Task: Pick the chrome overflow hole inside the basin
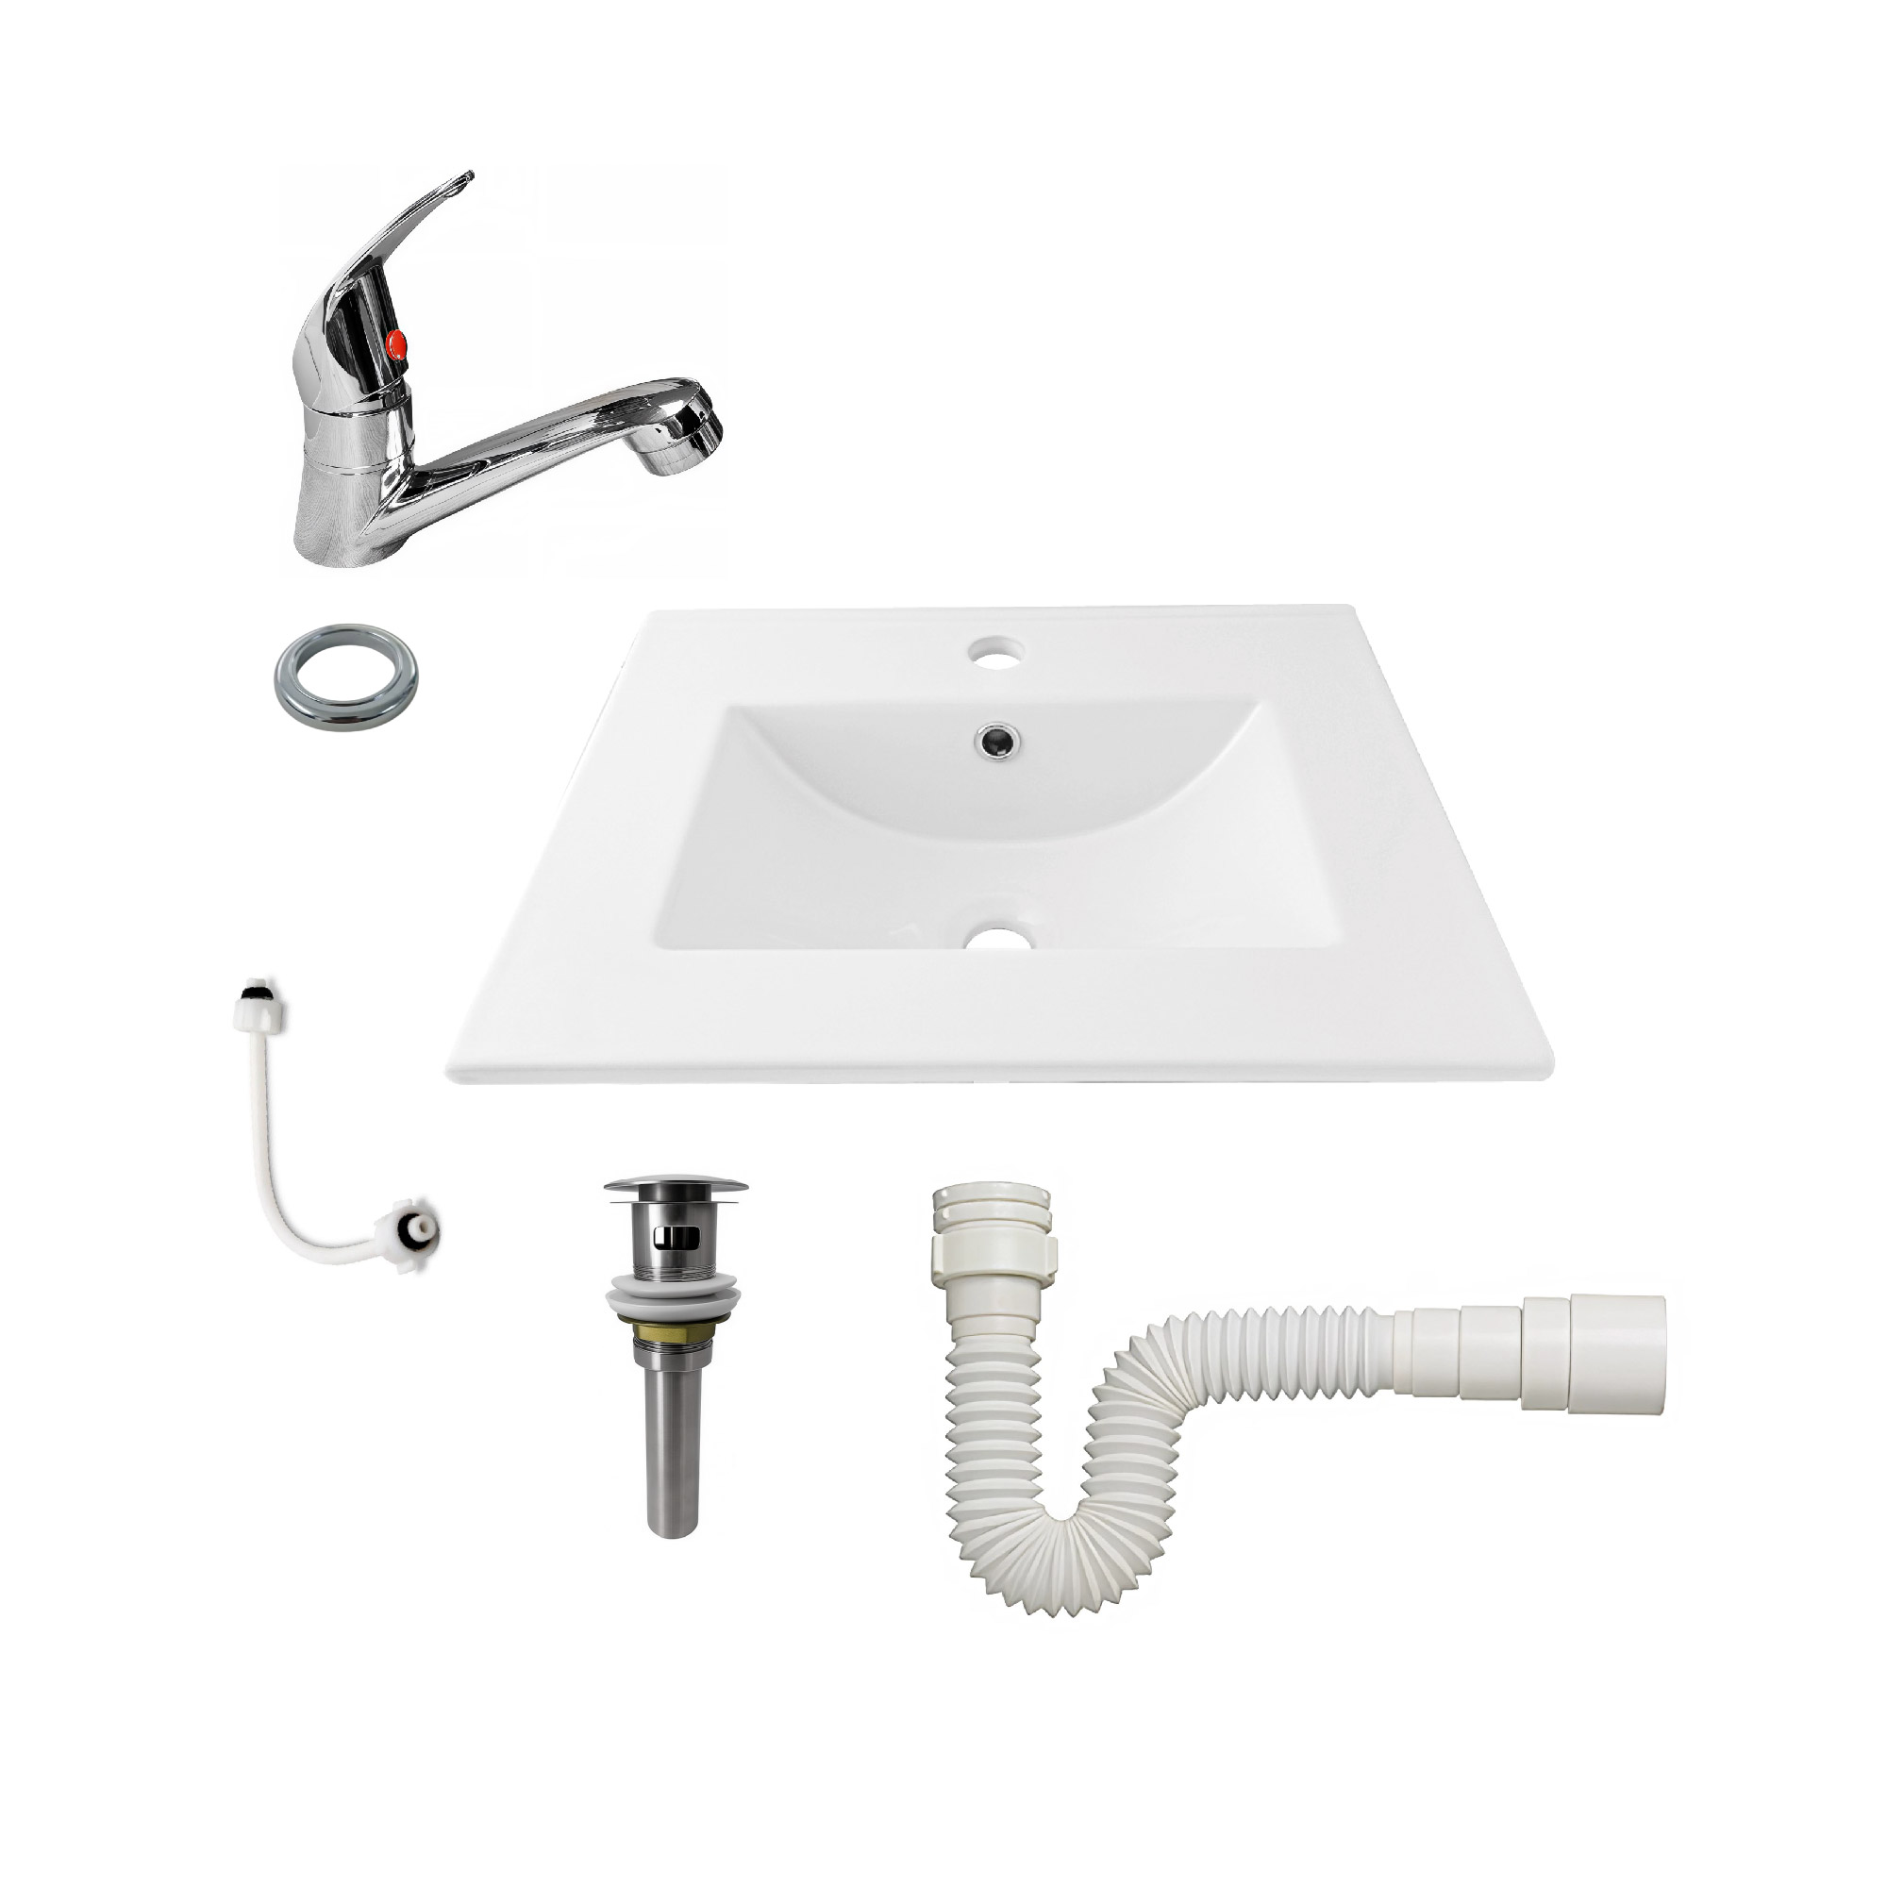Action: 995,742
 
